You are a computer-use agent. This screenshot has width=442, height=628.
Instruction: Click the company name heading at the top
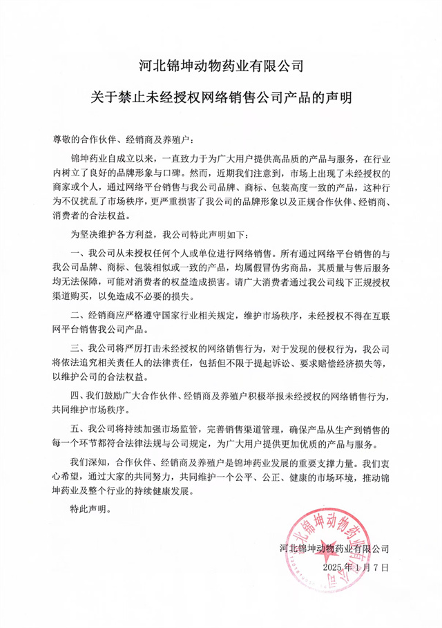[x=221, y=67]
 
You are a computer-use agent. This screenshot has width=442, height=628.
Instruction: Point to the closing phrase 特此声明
[x=89, y=512]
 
